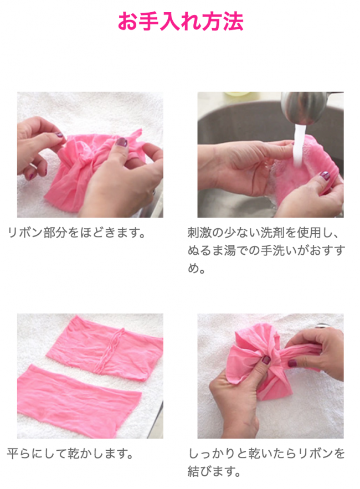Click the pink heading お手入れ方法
[x=181, y=22]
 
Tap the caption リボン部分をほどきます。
[x=76, y=233]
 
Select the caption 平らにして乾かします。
[x=70, y=454]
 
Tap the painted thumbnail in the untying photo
[x=121, y=142]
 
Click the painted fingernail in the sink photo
[x=325, y=175]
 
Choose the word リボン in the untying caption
[x=25, y=233]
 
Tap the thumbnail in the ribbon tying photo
[x=266, y=360]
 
